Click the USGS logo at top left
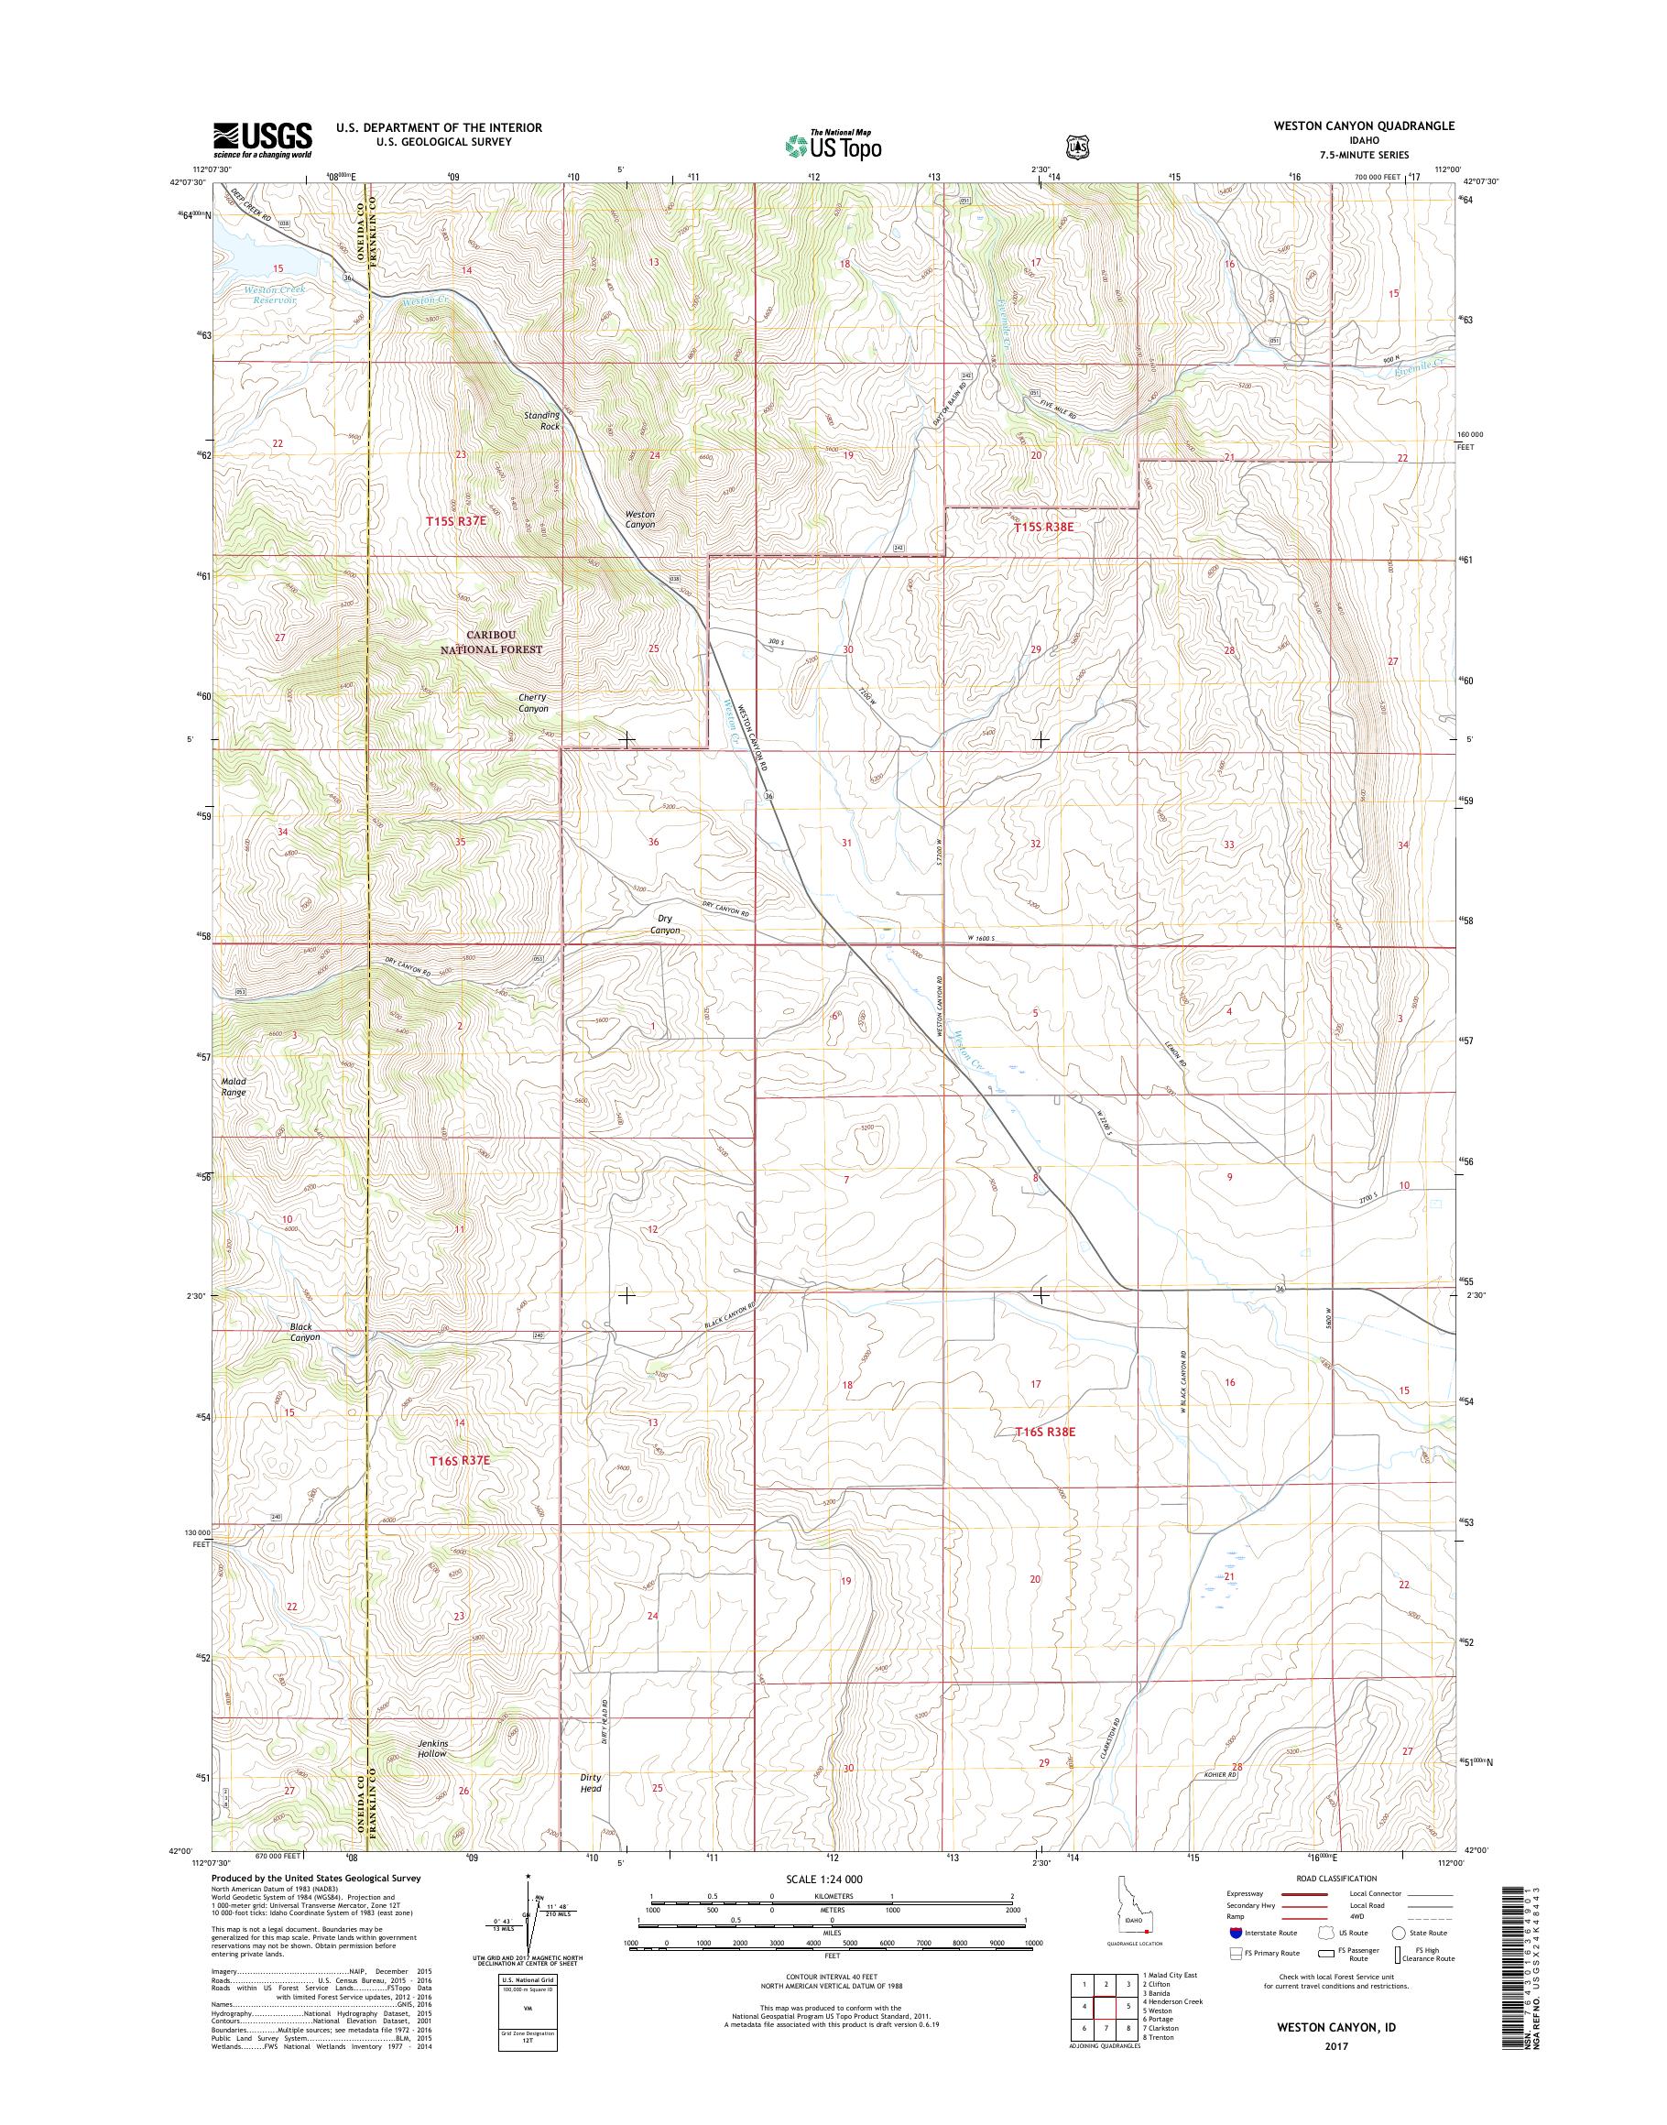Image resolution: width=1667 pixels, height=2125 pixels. coord(263,139)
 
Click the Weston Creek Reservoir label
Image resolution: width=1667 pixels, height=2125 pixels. coord(274,295)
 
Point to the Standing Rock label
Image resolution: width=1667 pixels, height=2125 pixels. coord(541,420)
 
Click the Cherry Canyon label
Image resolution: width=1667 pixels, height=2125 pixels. coord(533,703)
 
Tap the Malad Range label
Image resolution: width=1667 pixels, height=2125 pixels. coord(234,1086)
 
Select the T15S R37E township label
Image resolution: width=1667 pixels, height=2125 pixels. coord(456,522)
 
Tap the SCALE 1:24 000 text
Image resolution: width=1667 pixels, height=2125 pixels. coord(823,1879)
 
